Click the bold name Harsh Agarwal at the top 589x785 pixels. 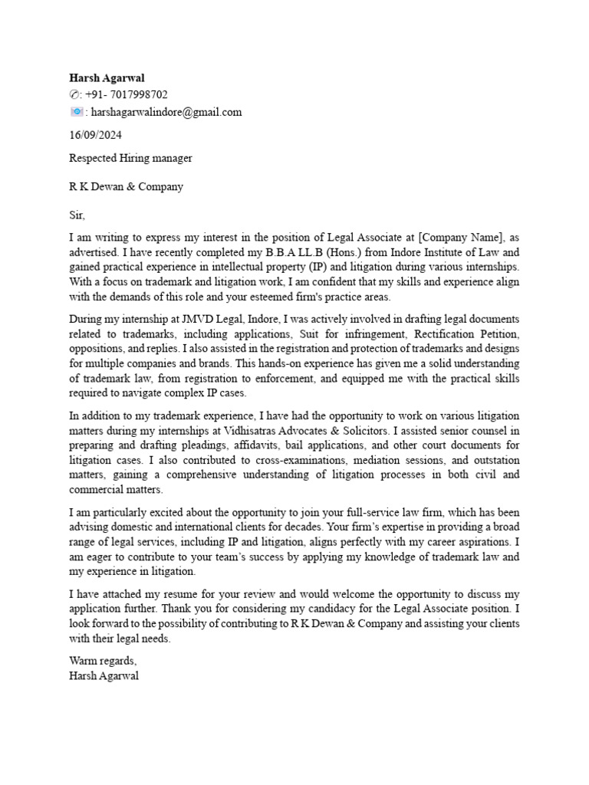107,77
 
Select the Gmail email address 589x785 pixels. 166,112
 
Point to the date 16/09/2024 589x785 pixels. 95,135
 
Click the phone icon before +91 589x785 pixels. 74,94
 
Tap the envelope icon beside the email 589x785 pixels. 76,112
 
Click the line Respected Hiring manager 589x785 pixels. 130,158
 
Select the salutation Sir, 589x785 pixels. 77,215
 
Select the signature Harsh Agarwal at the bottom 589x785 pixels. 104,676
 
